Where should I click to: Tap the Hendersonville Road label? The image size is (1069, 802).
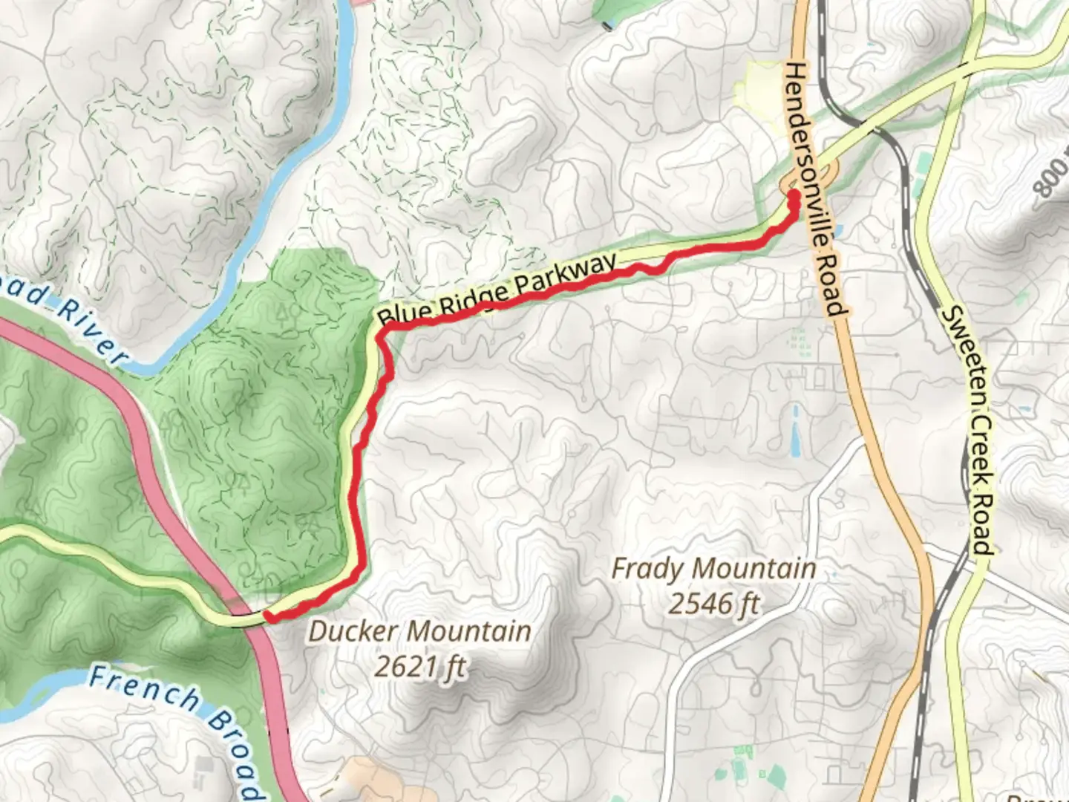click(x=816, y=189)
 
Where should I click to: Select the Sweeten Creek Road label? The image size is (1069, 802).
click(x=967, y=431)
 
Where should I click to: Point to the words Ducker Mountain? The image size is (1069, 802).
click(x=419, y=632)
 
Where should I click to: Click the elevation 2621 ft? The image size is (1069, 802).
click(x=419, y=668)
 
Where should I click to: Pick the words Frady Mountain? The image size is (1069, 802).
click(x=713, y=570)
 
